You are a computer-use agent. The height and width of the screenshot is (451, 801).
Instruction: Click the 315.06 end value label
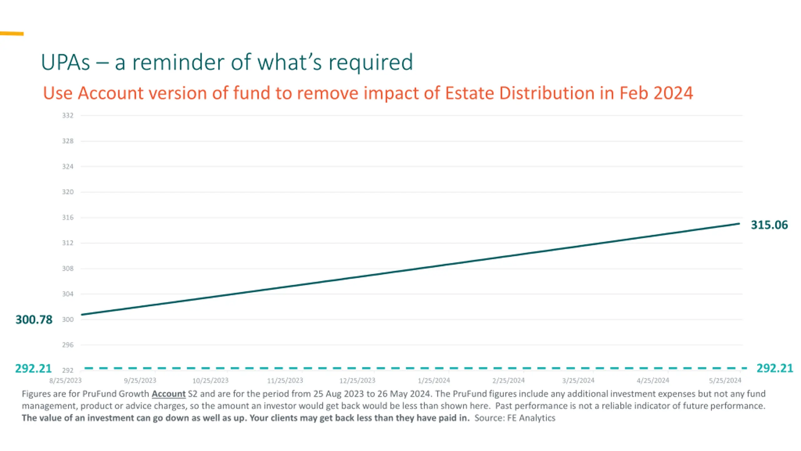coord(769,225)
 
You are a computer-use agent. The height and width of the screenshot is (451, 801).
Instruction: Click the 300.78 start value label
coord(34,319)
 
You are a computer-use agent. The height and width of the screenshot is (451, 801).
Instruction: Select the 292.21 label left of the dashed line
coord(33,368)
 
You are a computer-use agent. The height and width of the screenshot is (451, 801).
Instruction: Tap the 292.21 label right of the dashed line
coord(775,368)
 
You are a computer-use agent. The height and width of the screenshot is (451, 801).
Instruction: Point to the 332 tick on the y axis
coord(68,116)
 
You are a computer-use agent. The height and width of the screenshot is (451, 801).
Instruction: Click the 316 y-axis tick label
coord(68,217)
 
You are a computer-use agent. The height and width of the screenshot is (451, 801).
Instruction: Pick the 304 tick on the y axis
coord(68,294)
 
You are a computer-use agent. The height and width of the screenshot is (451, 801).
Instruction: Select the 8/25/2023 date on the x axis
coord(65,381)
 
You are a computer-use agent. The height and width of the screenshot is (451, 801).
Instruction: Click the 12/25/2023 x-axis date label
coord(357,381)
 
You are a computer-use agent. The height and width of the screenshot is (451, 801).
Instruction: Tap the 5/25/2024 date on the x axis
coord(725,381)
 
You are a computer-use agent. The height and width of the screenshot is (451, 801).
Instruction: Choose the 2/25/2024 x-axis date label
coord(508,381)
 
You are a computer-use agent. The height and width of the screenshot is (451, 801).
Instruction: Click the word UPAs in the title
coord(65,62)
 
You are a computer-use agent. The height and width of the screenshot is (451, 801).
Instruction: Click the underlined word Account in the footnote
coord(169,394)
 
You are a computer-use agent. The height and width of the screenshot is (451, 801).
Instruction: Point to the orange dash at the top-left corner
coord(12,34)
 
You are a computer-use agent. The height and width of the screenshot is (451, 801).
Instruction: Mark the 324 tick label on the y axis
coord(68,166)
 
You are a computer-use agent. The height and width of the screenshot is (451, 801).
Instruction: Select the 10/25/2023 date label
coord(210,381)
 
